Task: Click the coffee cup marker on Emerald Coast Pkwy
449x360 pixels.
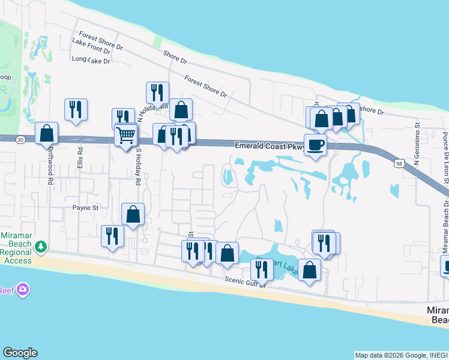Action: [x=316, y=144]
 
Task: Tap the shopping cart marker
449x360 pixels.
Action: [x=125, y=135]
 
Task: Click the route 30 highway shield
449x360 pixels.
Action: [x=20, y=139]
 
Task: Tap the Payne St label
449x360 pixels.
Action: [x=85, y=208]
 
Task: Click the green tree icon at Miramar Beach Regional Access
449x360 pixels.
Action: [x=41, y=246]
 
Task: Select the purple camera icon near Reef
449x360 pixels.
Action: [x=23, y=290]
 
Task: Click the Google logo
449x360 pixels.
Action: [x=20, y=353]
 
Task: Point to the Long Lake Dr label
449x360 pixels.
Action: [x=91, y=61]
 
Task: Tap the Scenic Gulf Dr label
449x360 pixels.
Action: [x=245, y=280]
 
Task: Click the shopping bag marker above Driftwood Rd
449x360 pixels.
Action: [x=46, y=133]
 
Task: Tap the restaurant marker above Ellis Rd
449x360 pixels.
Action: [x=76, y=109]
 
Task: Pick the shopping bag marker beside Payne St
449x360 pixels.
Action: [x=133, y=214]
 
